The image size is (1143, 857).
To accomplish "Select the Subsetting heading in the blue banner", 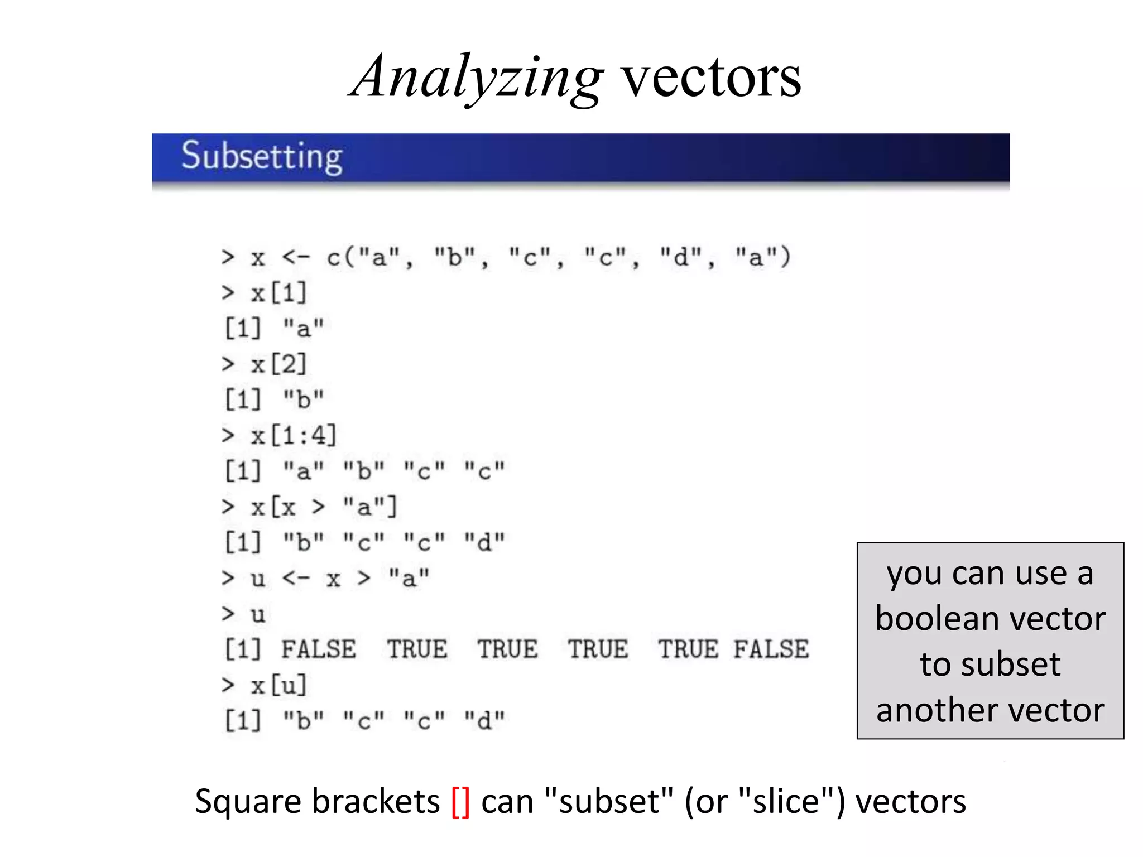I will [x=262, y=156].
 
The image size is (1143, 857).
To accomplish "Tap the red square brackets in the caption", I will [x=460, y=802].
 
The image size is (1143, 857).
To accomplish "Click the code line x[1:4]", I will [x=294, y=435].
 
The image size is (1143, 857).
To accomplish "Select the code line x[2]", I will [x=279, y=364].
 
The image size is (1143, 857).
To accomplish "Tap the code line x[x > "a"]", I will [x=324, y=507].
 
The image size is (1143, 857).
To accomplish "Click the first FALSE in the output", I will [x=318, y=649].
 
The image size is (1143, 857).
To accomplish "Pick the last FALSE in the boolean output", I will [x=771, y=649].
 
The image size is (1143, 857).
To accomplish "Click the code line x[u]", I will [x=279, y=685].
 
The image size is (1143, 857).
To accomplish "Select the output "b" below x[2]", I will [x=303, y=399].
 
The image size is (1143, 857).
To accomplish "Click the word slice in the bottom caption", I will [x=786, y=802].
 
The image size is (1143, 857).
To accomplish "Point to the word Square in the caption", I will [x=249, y=802].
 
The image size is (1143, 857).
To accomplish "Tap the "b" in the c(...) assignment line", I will [x=455, y=257].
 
